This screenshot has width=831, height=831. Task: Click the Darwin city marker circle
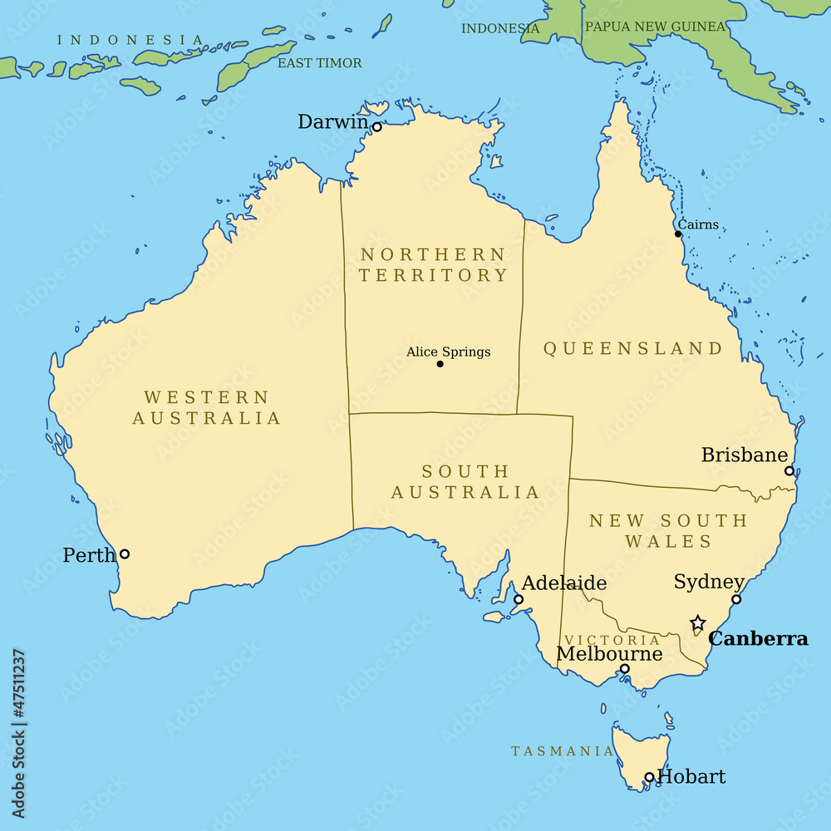click(376, 127)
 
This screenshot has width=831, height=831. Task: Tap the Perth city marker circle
click(125, 553)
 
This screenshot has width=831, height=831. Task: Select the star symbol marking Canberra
click(698, 623)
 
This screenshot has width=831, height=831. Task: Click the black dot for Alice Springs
click(440, 364)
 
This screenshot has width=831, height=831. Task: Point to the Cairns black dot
click(678, 234)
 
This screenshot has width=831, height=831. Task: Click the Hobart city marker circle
click(650, 778)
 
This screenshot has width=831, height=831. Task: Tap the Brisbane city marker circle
click(789, 470)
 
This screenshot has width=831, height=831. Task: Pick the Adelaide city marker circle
click(519, 599)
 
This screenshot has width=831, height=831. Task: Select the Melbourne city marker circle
click(625, 669)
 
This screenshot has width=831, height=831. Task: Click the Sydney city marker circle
click(736, 599)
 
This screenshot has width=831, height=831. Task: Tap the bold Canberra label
click(757, 639)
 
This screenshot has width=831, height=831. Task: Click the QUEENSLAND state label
click(633, 348)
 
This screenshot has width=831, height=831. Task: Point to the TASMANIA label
click(563, 751)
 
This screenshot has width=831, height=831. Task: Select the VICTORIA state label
click(612, 640)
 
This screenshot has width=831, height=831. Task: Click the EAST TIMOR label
click(320, 63)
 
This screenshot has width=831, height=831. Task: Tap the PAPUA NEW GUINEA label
click(655, 27)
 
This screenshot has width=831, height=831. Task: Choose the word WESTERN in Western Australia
click(207, 397)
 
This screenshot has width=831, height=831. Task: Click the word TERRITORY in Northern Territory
click(433, 275)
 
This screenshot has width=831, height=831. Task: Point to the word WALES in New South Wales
click(669, 542)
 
